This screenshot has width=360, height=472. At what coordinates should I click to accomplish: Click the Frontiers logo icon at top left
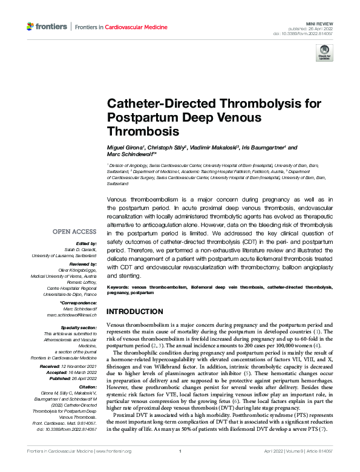pyautogui.click(x=30, y=27)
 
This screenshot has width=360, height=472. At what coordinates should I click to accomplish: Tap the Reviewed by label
pyautogui.click(x=84, y=264)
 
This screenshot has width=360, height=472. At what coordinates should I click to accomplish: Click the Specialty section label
pyautogui.click(x=79, y=327)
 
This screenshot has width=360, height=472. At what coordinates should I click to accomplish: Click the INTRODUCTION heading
pyautogui.click(x=134, y=312)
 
